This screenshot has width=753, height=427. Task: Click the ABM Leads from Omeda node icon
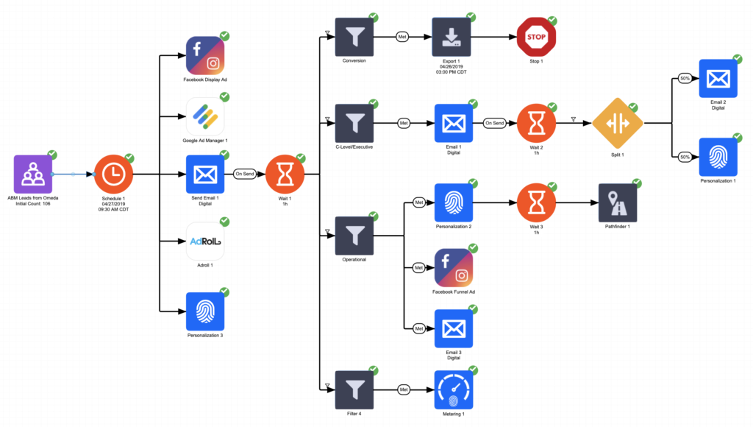(33, 174)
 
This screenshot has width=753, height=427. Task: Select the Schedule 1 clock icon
(113, 175)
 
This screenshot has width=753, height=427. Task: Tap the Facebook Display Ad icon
(205, 55)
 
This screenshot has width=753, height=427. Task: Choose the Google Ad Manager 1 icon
(205, 116)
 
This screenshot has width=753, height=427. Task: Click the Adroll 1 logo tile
(205, 241)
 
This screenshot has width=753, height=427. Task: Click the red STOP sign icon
(536, 37)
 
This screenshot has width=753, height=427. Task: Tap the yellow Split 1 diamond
(618, 123)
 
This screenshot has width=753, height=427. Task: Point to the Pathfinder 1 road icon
(618, 202)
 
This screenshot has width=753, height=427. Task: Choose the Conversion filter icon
(354, 37)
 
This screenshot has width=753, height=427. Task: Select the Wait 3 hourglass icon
(536, 202)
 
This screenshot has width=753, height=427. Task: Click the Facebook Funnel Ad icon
(453, 268)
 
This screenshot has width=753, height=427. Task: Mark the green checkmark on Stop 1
(552, 21)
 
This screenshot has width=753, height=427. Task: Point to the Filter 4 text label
(354, 414)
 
